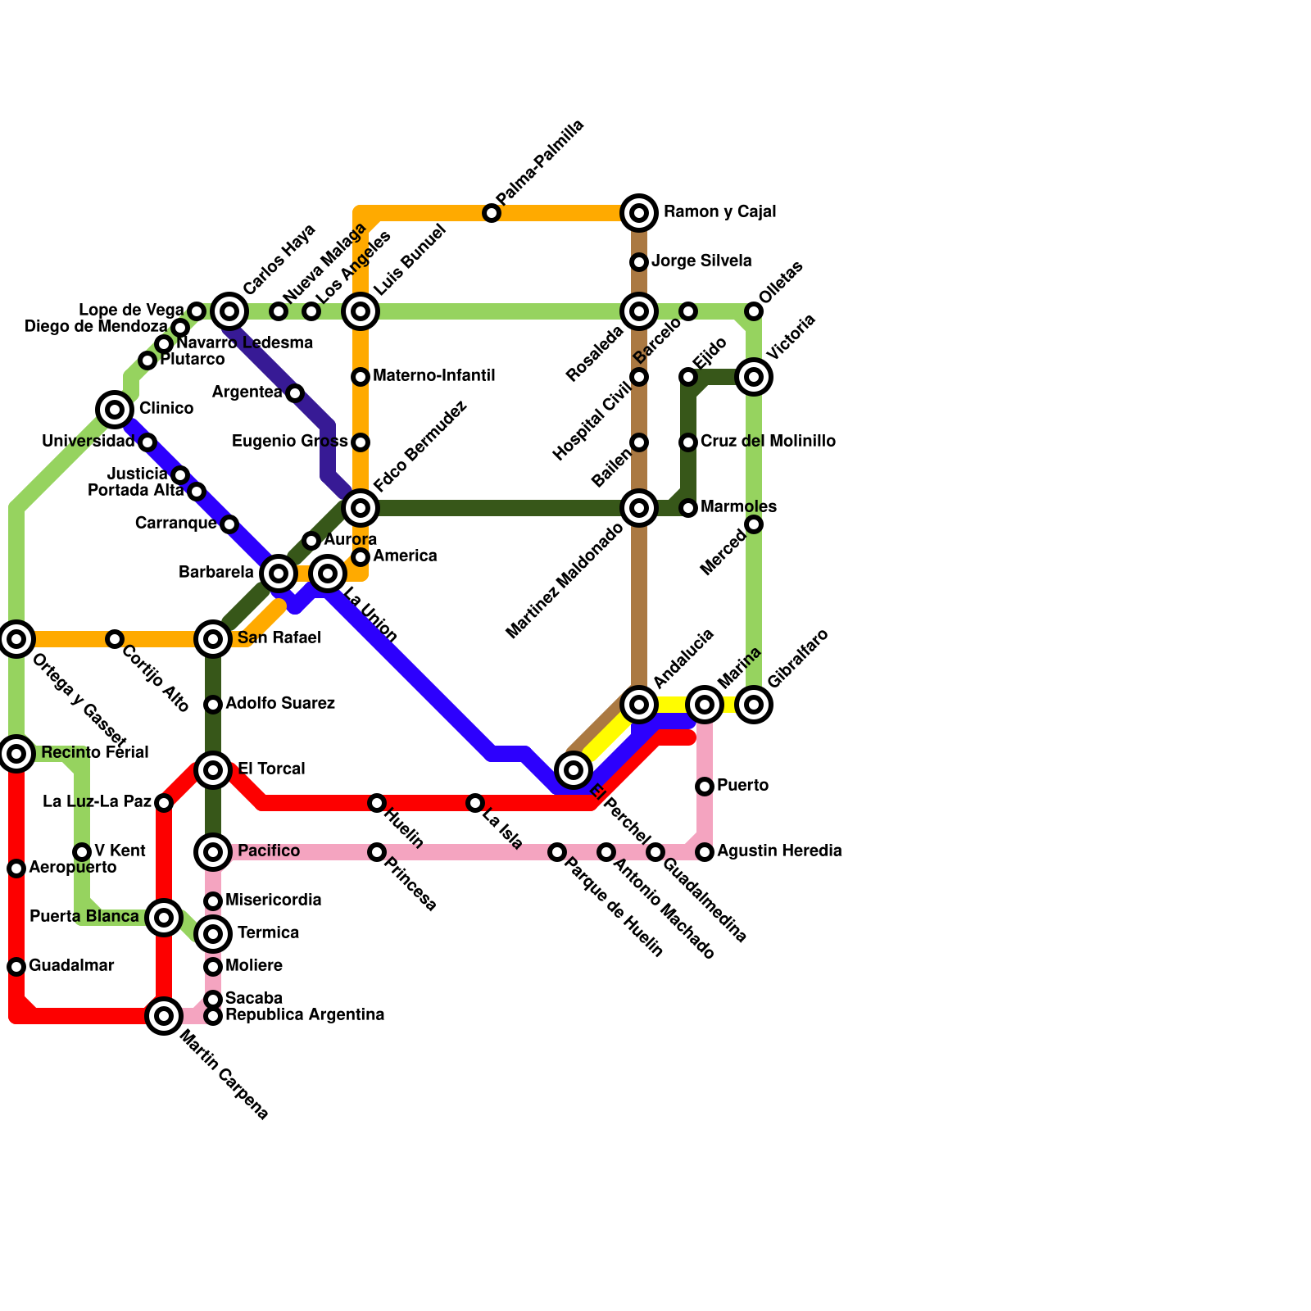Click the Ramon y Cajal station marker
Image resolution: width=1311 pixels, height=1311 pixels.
(x=639, y=213)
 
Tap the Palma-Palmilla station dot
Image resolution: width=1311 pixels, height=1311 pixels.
(x=492, y=213)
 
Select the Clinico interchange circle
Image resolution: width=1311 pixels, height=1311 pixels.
(x=115, y=409)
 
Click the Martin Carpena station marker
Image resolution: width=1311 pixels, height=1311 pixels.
(x=164, y=1016)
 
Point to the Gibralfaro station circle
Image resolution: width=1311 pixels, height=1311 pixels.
(x=754, y=704)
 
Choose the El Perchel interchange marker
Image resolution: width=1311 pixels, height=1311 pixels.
(x=574, y=769)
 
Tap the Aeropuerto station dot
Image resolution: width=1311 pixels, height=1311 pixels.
(x=16, y=868)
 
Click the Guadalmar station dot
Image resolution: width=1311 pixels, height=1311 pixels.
(x=16, y=967)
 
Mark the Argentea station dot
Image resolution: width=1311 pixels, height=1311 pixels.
(x=295, y=393)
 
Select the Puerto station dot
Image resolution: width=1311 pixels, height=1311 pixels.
(x=705, y=787)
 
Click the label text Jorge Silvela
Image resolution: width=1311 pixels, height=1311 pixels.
(x=701, y=261)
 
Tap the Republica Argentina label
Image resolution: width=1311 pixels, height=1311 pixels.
(x=305, y=1015)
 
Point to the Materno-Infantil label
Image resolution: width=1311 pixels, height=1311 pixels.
(x=433, y=376)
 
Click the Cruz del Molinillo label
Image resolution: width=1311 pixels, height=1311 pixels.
(x=768, y=442)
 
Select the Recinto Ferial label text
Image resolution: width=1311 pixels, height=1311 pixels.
(x=95, y=752)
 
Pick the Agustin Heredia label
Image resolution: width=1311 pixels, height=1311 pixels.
(x=779, y=851)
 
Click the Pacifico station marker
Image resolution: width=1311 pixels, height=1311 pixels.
(x=213, y=852)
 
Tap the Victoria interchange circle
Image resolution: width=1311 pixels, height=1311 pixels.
(x=754, y=377)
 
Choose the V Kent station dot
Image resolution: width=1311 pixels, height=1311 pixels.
(x=82, y=852)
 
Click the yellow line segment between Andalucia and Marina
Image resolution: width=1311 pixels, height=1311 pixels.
(x=672, y=704)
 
